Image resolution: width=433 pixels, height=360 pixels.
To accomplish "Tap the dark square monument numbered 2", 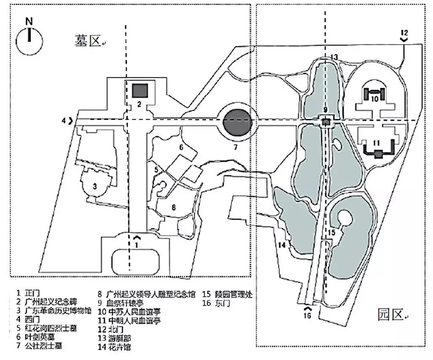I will [x=139, y=90].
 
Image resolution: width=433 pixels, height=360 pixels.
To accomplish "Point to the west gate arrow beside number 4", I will [x=70, y=121].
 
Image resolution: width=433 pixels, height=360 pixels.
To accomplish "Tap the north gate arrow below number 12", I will [x=404, y=40].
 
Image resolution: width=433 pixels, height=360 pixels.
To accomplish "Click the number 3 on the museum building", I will [x=95, y=186].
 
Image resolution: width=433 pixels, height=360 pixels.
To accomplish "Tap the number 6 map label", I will [x=181, y=147].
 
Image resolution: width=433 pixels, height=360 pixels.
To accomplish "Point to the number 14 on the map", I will [x=281, y=245].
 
